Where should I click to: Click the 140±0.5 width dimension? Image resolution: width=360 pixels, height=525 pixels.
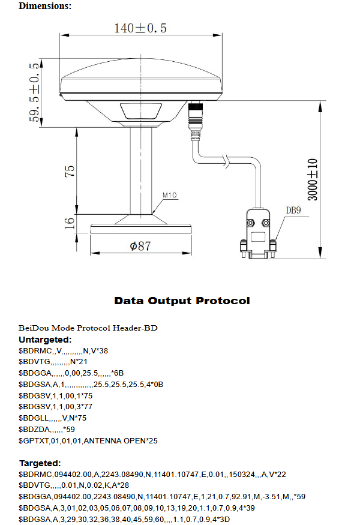coord(140,28)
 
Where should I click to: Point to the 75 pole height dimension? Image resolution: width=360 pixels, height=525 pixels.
coord(70,170)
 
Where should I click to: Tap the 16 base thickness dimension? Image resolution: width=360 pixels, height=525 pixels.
coord(70,222)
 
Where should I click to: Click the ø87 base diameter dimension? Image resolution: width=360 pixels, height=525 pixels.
coord(140,246)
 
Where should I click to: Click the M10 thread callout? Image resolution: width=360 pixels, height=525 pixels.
coord(170,195)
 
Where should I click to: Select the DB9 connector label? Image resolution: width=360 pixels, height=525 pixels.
coord(293,210)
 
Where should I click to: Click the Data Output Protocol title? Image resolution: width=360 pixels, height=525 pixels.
coord(182,301)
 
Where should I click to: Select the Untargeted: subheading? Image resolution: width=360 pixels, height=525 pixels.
coord(45,340)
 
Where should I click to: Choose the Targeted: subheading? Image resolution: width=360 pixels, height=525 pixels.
coord(40,463)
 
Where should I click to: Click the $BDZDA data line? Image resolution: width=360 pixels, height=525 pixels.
coord(47,430)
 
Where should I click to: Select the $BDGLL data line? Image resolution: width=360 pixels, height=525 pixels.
coord(53,418)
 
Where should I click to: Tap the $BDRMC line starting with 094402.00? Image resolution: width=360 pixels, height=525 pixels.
coord(152,475)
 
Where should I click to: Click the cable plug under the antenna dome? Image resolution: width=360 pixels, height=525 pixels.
coord(196,115)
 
